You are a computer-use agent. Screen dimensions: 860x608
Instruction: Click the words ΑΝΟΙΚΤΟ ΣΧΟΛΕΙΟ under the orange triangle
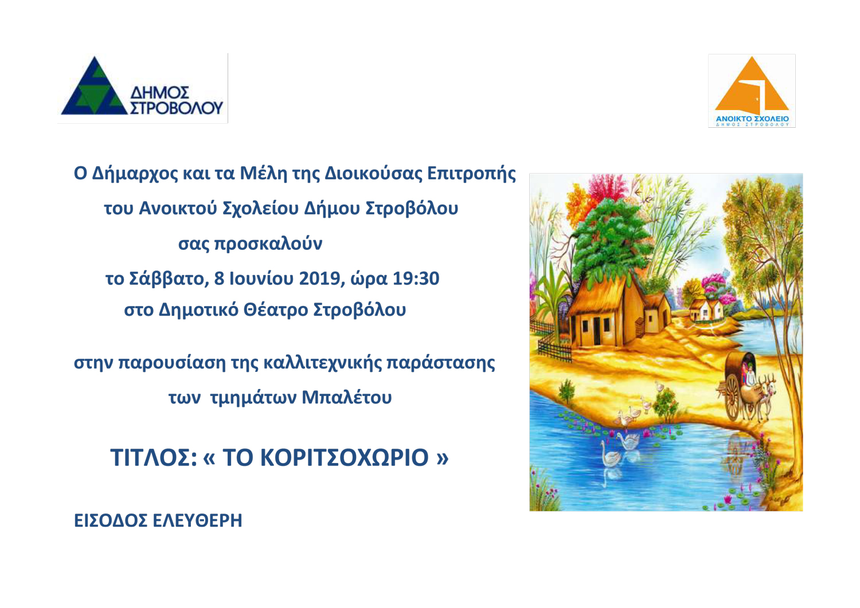click(x=752, y=119)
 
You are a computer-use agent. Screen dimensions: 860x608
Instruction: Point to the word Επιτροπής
click(x=471, y=174)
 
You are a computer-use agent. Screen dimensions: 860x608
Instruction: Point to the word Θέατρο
click(x=276, y=310)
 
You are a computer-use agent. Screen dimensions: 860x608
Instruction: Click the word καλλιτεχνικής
click(x=323, y=363)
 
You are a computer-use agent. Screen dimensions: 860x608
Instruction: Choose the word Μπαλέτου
click(x=347, y=397)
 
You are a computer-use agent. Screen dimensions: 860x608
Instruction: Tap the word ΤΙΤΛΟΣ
click(x=154, y=457)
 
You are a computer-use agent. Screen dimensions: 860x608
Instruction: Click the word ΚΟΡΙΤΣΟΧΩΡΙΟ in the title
click(x=345, y=457)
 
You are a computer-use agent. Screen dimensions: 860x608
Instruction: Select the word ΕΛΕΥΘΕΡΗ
click(x=197, y=521)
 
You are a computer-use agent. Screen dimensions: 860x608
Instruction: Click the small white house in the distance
click(x=706, y=309)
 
